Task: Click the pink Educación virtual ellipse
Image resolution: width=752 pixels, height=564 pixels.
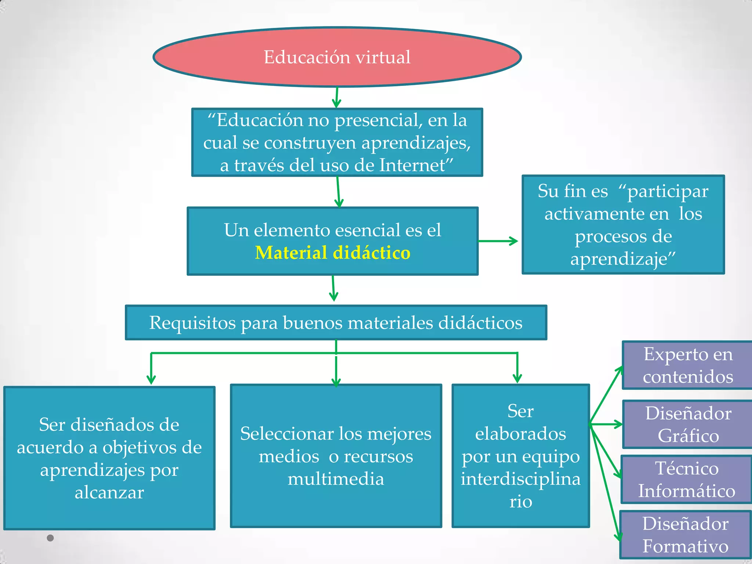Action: [x=337, y=57]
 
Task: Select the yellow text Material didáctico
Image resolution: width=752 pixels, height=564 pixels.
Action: [x=333, y=253]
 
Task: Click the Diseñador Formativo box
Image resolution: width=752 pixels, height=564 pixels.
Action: [x=685, y=535]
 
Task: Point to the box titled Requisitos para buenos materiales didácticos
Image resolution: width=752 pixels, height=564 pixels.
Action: [x=336, y=323]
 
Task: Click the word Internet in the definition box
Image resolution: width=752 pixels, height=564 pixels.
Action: [x=412, y=165]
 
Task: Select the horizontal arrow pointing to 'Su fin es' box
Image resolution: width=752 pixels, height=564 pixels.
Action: [x=498, y=241]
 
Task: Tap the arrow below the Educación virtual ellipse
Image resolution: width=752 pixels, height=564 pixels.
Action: [x=336, y=98]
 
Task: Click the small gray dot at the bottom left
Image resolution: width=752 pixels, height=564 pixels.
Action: [x=50, y=538]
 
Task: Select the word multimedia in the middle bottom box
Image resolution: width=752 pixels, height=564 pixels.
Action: [x=336, y=479]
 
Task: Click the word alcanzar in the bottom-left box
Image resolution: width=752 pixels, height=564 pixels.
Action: [x=109, y=493]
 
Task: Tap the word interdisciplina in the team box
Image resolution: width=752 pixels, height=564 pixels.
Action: [x=521, y=479]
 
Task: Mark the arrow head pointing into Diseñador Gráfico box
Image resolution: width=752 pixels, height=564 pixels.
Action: [x=619, y=424]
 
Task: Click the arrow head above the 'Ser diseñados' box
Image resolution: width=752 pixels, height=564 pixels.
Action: [x=151, y=379]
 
